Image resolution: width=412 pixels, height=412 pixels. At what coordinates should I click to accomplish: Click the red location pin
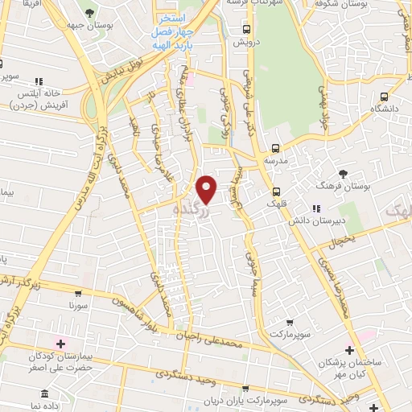point(207,189)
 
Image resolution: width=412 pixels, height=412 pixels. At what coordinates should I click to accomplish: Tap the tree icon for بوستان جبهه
point(89,14)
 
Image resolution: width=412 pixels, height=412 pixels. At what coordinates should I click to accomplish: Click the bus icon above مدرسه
point(276,147)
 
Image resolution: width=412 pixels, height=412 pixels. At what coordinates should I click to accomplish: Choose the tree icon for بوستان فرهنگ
point(344,173)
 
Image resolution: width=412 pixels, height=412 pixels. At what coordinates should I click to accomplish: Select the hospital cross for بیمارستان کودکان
point(61,344)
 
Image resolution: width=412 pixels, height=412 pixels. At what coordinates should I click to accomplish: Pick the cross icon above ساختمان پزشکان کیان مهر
point(349,350)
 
